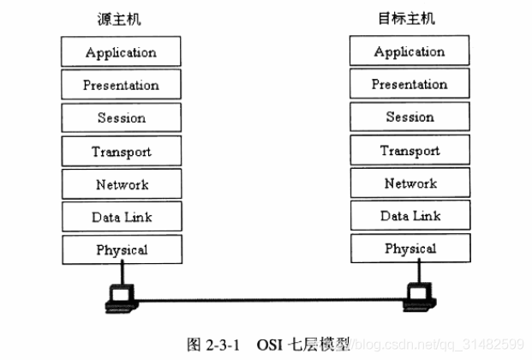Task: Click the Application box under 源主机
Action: pyautogui.click(x=121, y=52)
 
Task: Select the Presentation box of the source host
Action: pyautogui.click(x=121, y=85)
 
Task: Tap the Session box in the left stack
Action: pyautogui.click(x=121, y=117)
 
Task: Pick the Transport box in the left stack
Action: pyautogui.click(x=121, y=151)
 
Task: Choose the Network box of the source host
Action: pyautogui.click(x=121, y=183)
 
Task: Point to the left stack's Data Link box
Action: pyautogui.click(x=121, y=217)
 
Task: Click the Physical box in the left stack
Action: pyautogui.click(x=121, y=249)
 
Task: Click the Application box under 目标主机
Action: pyautogui.click(x=409, y=51)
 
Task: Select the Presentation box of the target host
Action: pyautogui.click(x=409, y=84)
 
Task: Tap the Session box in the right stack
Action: pyautogui.click(x=409, y=117)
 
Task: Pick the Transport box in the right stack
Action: pyautogui.click(x=409, y=150)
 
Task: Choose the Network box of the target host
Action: pyautogui.click(x=409, y=183)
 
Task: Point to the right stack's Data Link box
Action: pyautogui.click(x=409, y=216)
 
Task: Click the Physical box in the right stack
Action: pyautogui.click(x=409, y=249)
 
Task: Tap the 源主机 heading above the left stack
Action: pyautogui.click(x=121, y=19)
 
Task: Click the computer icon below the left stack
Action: pyautogui.click(x=121, y=297)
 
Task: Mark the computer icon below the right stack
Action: pyautogui.click(x=420, y=297)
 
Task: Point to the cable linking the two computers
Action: pyautogui.click(x=270, y=300)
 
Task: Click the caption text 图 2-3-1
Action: pyautogui.click(x=214, y=344)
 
